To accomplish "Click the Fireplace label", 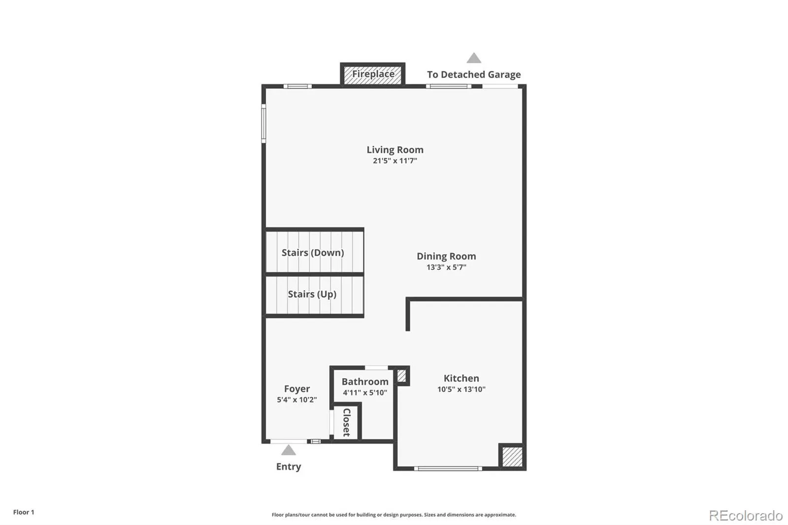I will tap(373, 74).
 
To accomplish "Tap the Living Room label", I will tap(395, 150).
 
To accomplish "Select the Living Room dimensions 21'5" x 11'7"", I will tap(395, 161).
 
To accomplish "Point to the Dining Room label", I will tap(446, 256).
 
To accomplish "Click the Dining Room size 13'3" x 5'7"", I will tap(446, 267).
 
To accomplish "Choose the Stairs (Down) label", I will tap(313, 253).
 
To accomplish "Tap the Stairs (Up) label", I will tap(312, 294).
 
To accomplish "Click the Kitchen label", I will tap(461, 378).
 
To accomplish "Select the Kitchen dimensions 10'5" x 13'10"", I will tap(461, 390).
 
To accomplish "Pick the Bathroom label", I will tap(365, 382).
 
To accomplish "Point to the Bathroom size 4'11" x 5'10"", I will tap(365, 393).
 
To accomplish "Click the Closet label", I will tap(347, 422).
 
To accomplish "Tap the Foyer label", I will tap(297, 389).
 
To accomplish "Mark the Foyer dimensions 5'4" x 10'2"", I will tap(297, 400).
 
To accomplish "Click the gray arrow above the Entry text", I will tap(289, 450).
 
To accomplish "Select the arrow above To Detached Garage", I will tap(474, 58).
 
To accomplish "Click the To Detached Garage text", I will tap(474, 75).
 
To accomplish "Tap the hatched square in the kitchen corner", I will tap(512, 457).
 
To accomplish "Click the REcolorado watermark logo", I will tap(746, 516).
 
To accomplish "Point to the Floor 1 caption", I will tap(24, 512).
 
